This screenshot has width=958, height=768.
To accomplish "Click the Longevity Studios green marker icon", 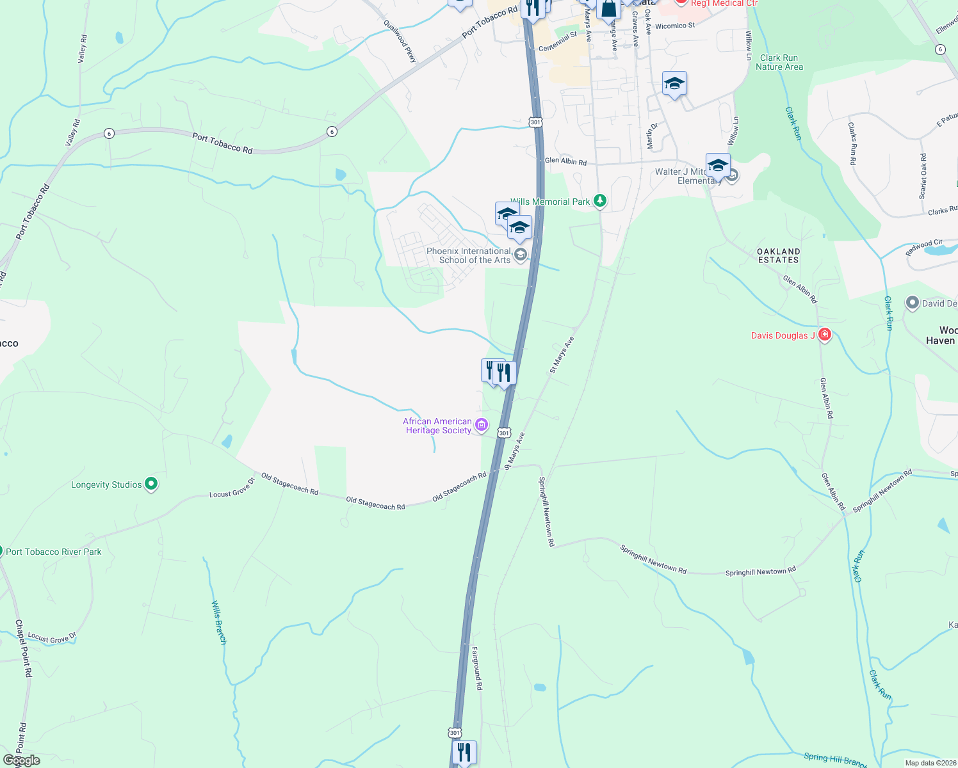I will [151, 484].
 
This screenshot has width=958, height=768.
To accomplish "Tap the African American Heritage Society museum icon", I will [482, 424].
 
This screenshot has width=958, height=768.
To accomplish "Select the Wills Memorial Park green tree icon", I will [600, 201].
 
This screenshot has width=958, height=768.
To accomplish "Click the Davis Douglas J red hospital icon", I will [825, 335].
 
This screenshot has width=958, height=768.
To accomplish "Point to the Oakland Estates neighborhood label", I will [778, 255].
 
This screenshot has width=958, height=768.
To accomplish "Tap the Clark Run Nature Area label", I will [779, 62].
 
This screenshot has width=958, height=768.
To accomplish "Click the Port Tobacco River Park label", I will [54, 552].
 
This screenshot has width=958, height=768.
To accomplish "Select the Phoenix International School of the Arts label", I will [469, 255].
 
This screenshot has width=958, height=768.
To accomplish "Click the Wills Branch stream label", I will [219, 622].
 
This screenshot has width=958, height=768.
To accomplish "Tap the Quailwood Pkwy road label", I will [400, 41].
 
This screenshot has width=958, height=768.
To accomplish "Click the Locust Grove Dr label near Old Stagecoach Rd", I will [232, 490].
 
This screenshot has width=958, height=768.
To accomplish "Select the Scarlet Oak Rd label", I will [923, 176].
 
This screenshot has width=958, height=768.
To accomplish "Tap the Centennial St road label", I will [558, 42].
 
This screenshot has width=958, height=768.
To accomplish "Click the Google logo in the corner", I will [21, 760].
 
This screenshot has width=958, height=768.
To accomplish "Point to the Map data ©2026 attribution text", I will [930, 763].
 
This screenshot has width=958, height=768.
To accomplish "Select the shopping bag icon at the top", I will [608, 9].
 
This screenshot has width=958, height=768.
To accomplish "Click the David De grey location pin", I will [913, 303].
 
